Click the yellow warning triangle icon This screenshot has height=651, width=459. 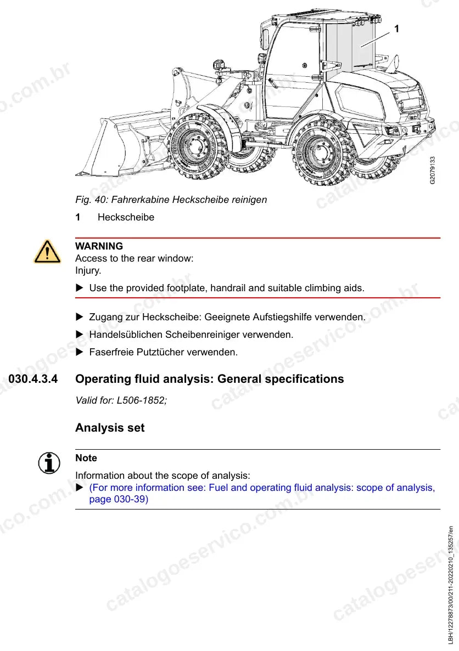[47, 252]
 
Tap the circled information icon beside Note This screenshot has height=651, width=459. [49, 462]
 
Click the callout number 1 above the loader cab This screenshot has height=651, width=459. [396, 29]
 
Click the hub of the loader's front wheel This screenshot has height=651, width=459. [194, 146]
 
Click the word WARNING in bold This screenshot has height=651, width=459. [99, 246]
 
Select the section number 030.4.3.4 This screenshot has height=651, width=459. [33, 379]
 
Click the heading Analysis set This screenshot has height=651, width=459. [110, 428]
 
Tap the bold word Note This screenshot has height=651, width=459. [86, 458]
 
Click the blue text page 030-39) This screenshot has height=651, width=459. [119, 499]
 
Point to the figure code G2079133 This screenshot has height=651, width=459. [433, 170]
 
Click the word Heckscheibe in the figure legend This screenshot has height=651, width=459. [126, 217]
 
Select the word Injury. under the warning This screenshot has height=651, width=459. [88, 271]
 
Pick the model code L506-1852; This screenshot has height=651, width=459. [142, 401]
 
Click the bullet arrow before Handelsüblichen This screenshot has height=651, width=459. [80, 334]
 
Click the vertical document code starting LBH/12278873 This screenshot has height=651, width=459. [451, 585]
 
